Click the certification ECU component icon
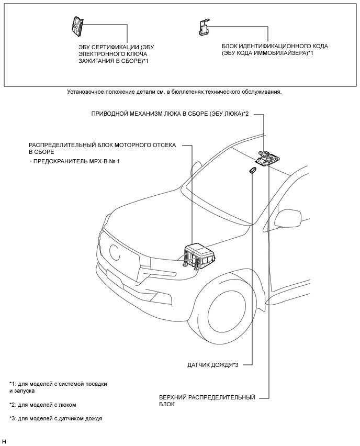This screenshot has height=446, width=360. (x=77, y=26)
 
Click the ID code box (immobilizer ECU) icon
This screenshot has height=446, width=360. (x=204, y=28)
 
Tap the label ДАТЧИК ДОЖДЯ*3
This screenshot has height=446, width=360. (x=212, y=365)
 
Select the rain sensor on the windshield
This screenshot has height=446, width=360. (x=252, y=170)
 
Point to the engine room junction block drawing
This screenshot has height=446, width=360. (x=199, y=255)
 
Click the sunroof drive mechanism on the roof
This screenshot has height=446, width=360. (x=267, y=158)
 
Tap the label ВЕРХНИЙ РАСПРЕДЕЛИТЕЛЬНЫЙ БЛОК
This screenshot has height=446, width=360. (x=207, y=401)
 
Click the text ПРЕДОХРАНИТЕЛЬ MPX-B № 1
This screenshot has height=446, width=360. (x=74, y=162)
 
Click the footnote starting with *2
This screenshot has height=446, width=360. (x=43, y=405)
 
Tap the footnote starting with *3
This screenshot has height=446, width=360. (x=56, y=419)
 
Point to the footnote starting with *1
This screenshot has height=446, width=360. (x=58, y=387)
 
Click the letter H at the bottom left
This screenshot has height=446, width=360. (x=4, y=441)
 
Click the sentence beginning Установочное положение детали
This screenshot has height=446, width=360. (x=175, y=92)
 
